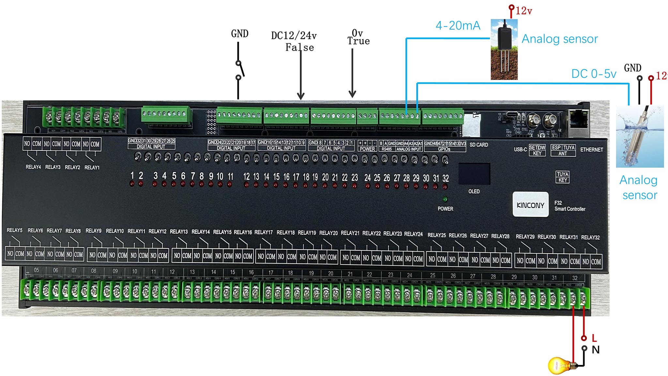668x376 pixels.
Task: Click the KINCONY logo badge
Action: [530, 205]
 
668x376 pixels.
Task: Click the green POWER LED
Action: [445, 199]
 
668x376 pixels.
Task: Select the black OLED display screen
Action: [474, 174]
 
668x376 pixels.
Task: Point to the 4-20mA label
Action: [458, 25]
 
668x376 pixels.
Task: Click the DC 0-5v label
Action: [594, 74]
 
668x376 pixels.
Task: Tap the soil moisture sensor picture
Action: [504, 49]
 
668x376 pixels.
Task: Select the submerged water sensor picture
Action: [640, 136]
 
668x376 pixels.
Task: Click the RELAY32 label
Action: [590, 237]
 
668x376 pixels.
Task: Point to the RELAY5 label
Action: [15, 230]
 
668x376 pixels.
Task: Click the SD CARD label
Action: [479, 145]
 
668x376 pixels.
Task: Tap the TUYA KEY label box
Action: [563, 177]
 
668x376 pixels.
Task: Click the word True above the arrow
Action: [358, 41]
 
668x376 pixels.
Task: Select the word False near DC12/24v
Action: [299, 48]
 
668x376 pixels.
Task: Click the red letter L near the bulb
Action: [594, 338]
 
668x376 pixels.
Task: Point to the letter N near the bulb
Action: [596, 350]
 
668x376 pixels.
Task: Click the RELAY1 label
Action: [92, 167]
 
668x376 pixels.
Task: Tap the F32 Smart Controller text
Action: [569, 206]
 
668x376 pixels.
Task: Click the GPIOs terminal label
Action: [444, 149]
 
